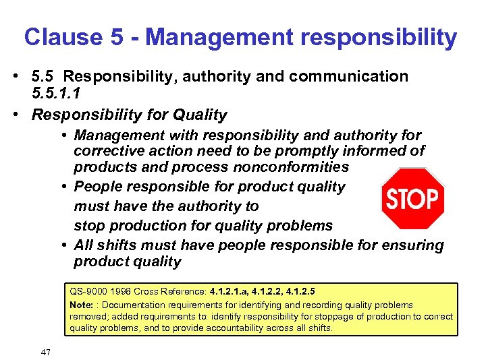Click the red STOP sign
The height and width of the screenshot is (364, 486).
point(412,199)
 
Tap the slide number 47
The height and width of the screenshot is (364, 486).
point(46,352)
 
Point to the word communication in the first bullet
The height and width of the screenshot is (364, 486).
point(352,76)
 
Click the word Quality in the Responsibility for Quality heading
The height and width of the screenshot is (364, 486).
point(200,115)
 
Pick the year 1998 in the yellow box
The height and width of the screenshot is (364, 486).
point(124,293)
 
